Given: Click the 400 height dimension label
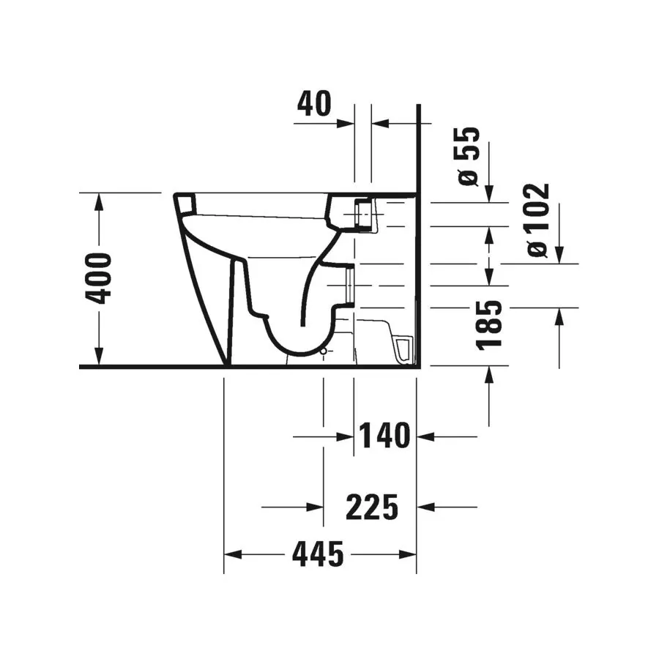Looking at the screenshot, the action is click(x=99, y=278).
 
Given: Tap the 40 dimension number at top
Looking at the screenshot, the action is click(x=314, y=104).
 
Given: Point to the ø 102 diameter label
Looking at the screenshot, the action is click(x=538, y=220).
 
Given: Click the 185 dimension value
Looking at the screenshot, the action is click(x=489, y=324).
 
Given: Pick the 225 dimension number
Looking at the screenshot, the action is click(x=372, y=507).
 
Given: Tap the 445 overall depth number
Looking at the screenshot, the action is click(x=319, y=554).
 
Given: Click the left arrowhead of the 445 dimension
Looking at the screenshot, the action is click(x=233, y=554).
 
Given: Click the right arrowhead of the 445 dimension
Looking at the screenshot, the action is click(x=407, y=554).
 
